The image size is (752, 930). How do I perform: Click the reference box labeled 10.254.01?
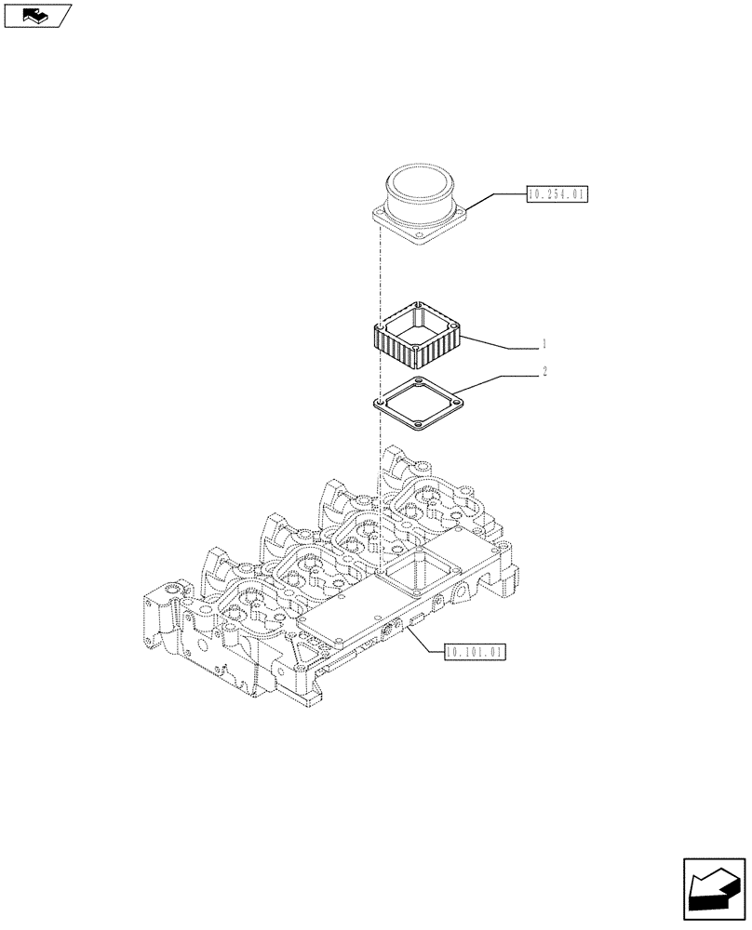[x=557, y=194]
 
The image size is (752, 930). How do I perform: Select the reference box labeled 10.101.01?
[x=476, y=652]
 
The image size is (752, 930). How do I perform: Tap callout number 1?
[x=544, y=344]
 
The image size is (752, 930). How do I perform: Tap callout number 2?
[x=544, y=372]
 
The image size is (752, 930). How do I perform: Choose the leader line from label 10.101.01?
[x=423, y=642]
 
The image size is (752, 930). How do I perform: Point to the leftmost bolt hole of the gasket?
[x=379, y=403]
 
